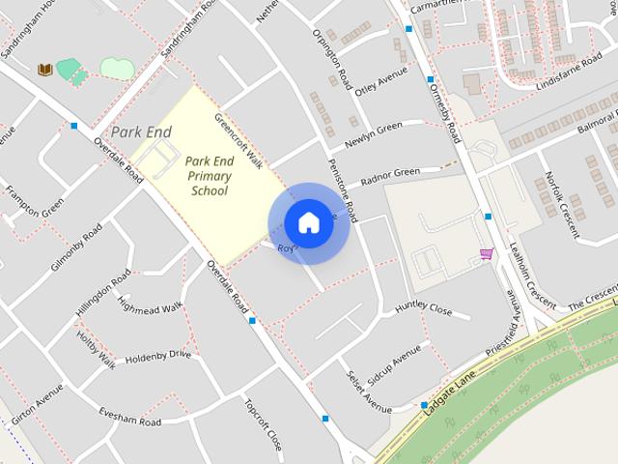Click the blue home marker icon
click(308, 223)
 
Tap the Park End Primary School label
click(208, 176)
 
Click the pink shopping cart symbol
click(486, 254)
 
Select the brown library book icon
click(43, 70)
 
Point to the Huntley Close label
click(423, 309)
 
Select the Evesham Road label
click(129, 416)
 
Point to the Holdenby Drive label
click(158, 355)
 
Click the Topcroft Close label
click(263, 425)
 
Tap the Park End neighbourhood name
click(141, 130)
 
